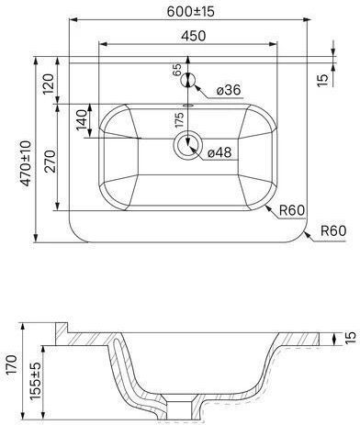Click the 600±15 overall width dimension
(191, 12)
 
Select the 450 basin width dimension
(193, 36)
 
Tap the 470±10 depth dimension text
(26, 163)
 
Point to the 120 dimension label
(49, 84)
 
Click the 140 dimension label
(82, 120)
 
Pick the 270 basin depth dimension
(51, 161)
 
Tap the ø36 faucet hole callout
(229, 90)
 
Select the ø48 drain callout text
(219, 152)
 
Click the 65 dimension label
(177, 70)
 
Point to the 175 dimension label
(179, 119)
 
